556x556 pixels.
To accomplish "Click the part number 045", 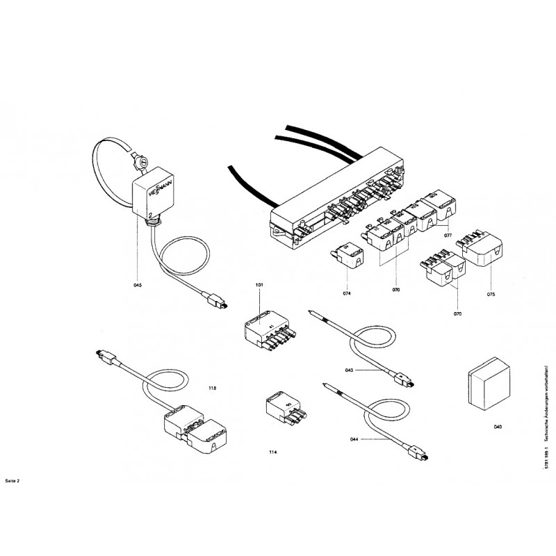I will [x=137, y=286].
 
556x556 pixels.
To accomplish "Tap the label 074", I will [x=347, y=294].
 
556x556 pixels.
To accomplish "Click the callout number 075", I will [x=491, y=294].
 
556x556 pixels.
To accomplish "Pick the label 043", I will [x=350, y=370].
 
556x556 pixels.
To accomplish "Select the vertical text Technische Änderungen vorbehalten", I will [x=546, y=403].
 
